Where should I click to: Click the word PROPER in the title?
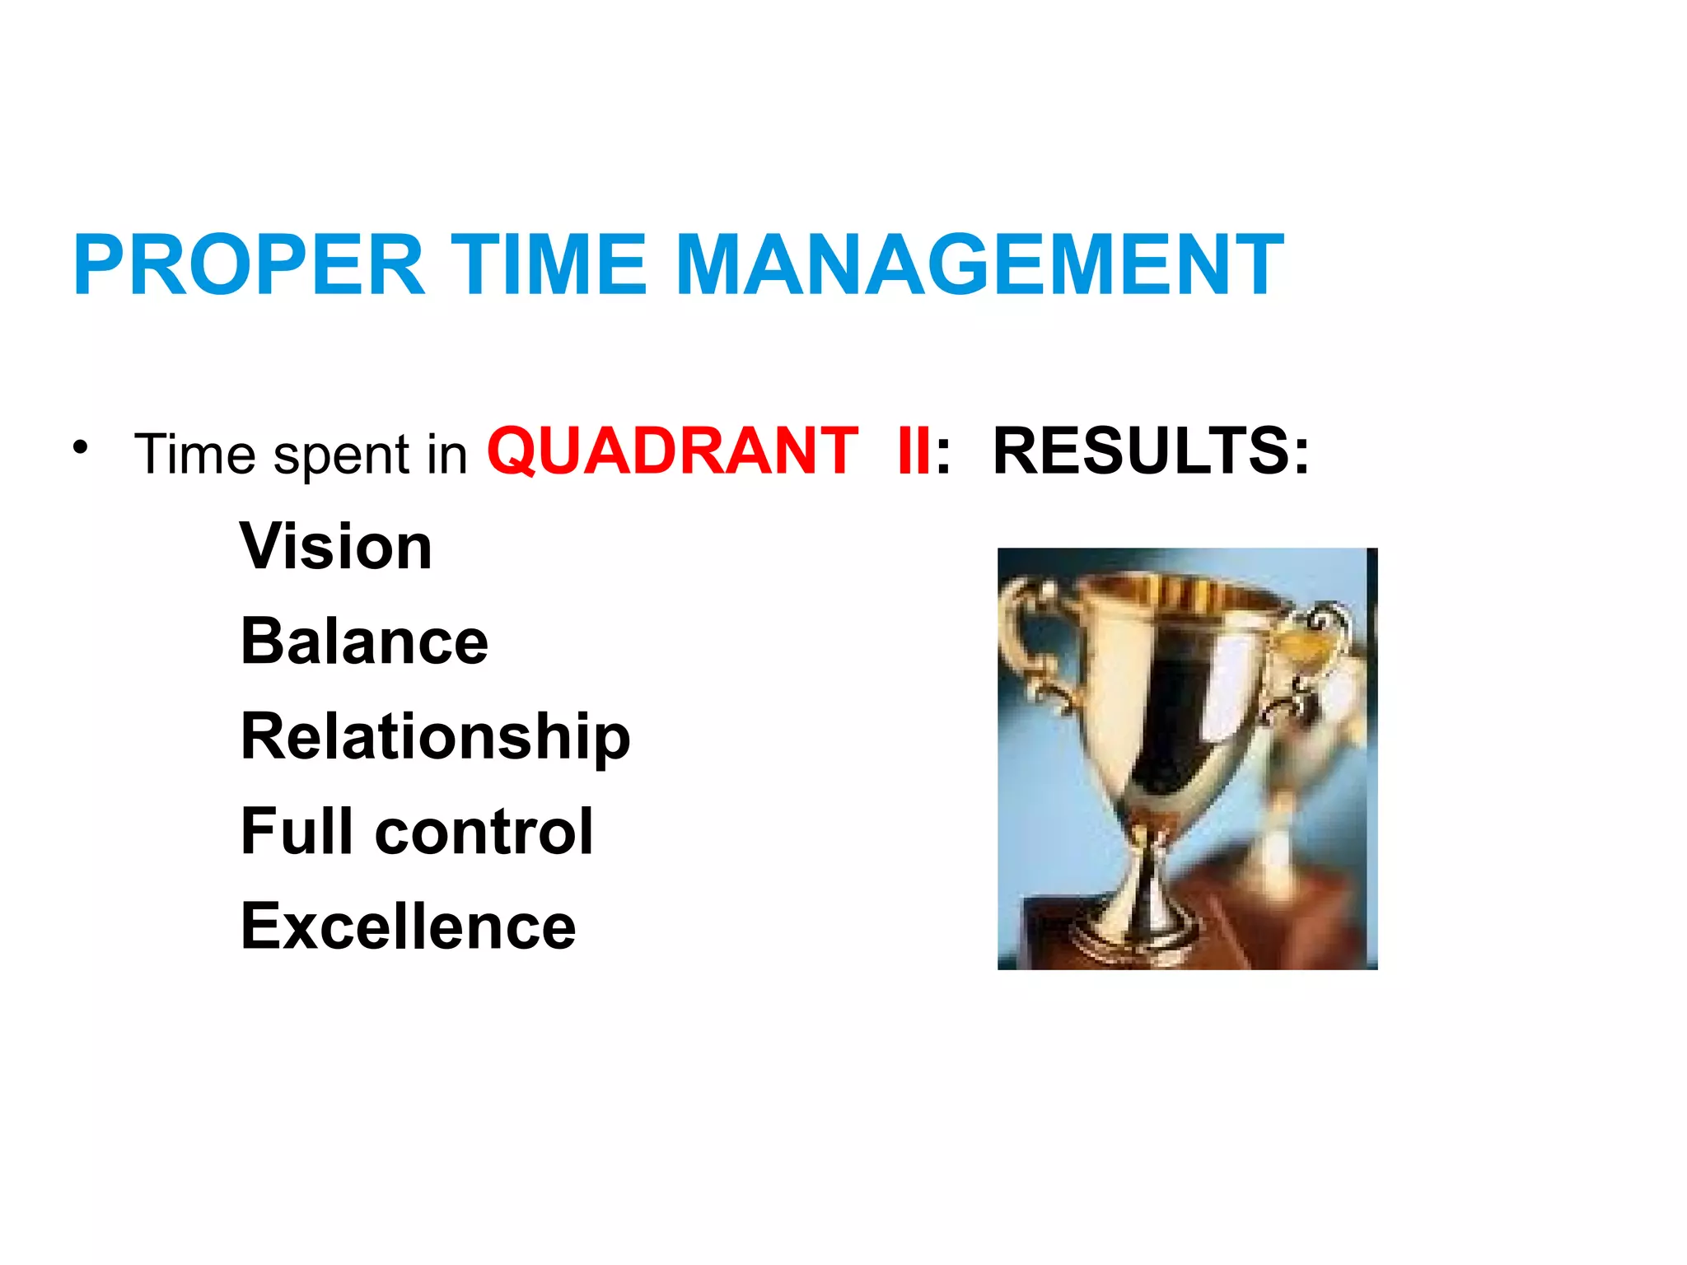tap(249, 265)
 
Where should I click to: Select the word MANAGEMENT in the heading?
tap(979, 265)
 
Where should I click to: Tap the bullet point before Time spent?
tap(79, 447)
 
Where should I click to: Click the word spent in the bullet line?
tap(341, 455)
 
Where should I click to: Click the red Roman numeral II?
tap(914, 451)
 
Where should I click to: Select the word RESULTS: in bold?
tap(1151, 451)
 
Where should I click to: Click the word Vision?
tap(336, 547)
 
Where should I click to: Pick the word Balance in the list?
tap(364, 642)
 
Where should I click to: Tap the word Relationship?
tap(435, 737)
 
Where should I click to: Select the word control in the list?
tap(484, 831)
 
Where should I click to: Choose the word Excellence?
tap(408, 927)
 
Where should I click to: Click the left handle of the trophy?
tap(1030, 642)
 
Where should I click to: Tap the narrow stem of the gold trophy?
tap(1149, 857)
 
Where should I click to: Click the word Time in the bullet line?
tap(195, 454)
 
